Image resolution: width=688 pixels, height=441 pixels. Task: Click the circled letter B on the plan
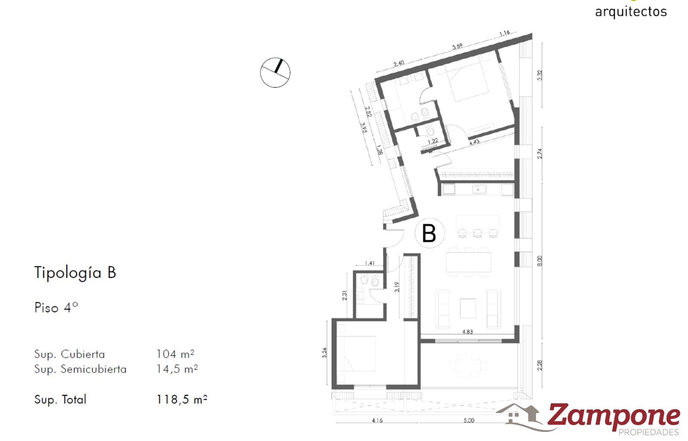[x=429, y=233]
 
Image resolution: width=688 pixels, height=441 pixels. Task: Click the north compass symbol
[x=275, y=73]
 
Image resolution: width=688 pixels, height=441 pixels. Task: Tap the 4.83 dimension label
[x=467, y=332]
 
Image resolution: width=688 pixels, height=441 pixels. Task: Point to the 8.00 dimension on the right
[x=540, y=261]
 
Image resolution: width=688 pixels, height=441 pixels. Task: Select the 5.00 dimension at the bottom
[x=469, y=420]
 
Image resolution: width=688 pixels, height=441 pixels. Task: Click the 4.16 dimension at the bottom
[x=377, y=420]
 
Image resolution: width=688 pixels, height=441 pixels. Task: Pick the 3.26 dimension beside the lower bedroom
[x=325, y=353]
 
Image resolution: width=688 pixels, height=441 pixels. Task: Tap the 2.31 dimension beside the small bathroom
[x=344, y=295]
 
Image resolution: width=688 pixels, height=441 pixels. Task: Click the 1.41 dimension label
[x=370, y=263]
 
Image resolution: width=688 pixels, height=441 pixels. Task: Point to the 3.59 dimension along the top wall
[x=457, y=46]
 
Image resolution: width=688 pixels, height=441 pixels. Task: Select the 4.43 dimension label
[x=474, y=142]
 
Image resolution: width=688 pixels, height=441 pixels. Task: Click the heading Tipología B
[x=75, y=273]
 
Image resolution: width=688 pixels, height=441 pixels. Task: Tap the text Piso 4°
[x=56, y=307]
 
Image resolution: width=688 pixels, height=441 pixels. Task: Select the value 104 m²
[x=175, y=354]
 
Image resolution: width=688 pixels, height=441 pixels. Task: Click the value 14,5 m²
[x=177, y=369]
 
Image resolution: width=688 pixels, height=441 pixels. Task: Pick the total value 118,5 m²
[x=182, y=399]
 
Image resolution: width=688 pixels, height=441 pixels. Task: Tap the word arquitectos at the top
[x=631, y=12]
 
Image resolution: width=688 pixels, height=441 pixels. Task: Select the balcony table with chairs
[x=468, y=366]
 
